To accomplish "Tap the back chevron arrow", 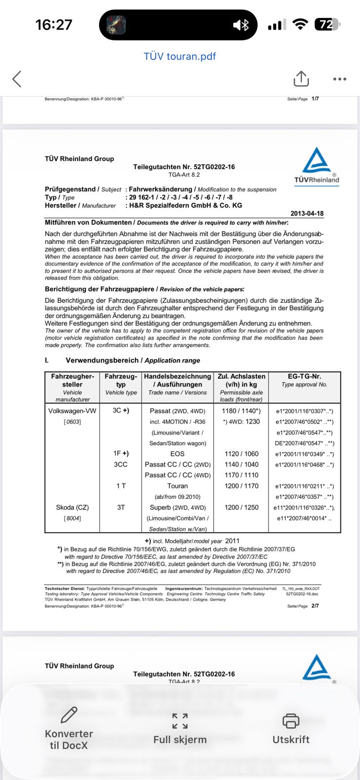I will click(17, 79).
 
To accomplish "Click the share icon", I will click(301, 79).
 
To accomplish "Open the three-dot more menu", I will click(340, 79).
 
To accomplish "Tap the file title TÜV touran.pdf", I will click(180, 56).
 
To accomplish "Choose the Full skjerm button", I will click(180, 729).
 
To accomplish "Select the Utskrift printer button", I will click(291, 729).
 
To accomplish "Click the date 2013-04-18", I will click(307, 214).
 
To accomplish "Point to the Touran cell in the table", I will click(178, 486).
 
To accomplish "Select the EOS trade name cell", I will click(178, 454).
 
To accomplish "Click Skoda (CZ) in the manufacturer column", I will click(72, 507).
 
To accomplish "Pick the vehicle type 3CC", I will click(121, 465).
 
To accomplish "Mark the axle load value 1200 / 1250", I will click(241, 507).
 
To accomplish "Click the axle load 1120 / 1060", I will click(241, 454).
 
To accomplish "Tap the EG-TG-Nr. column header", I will click(304, 376).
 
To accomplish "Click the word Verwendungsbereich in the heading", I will click(101, 360).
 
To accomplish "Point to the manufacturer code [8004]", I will click(72, 518).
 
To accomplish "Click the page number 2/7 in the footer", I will click(315, 606).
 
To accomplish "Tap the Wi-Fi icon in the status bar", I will click(300, 24).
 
